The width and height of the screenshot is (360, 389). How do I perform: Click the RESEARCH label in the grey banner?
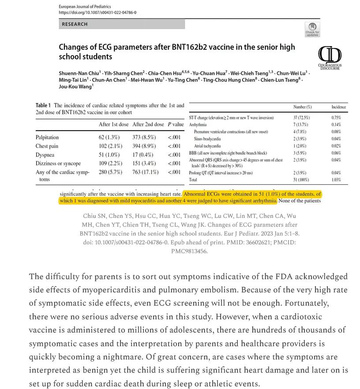75,24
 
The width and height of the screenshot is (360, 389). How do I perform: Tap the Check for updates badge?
312,30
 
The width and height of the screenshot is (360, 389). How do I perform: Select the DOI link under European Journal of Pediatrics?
97,13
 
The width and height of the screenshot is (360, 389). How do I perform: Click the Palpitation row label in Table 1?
47,138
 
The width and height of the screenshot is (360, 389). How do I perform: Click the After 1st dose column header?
114,124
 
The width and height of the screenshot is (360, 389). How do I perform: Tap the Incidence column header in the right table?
339,107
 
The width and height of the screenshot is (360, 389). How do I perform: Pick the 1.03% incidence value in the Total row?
337,180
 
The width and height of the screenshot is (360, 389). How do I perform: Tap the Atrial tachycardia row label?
208,146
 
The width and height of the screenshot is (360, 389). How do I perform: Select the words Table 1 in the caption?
44,106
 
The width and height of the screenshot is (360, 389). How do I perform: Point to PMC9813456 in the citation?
189,251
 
